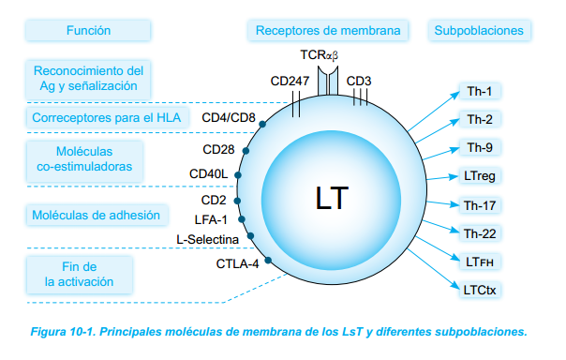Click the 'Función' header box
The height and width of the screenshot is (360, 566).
[88, 31]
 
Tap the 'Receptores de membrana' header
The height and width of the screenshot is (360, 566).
[328, 31]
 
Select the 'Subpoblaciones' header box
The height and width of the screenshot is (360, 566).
[478, 31]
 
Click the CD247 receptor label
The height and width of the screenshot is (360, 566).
[290, 82]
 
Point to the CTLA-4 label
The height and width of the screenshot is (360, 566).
[237, 263]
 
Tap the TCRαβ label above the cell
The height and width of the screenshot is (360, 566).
[320, 56]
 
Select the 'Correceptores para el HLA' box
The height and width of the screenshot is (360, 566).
[105, 118]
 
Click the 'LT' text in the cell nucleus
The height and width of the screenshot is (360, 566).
[332, 199]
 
